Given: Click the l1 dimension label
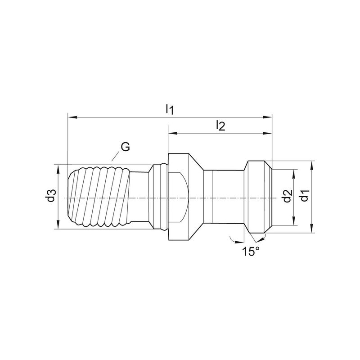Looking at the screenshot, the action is pos(170,109).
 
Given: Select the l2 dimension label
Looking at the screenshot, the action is pos(220,126).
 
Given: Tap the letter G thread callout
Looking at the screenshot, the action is pos(126,147).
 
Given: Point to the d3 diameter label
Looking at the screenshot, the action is pos(51,196).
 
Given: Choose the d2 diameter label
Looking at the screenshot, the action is pos(288,196).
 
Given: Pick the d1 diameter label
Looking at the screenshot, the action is pos(305,195).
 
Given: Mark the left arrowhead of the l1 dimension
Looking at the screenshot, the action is pos(72,117).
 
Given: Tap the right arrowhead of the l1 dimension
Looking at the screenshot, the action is pos(267,117).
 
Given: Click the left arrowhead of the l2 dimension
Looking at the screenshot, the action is pos(173,133).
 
